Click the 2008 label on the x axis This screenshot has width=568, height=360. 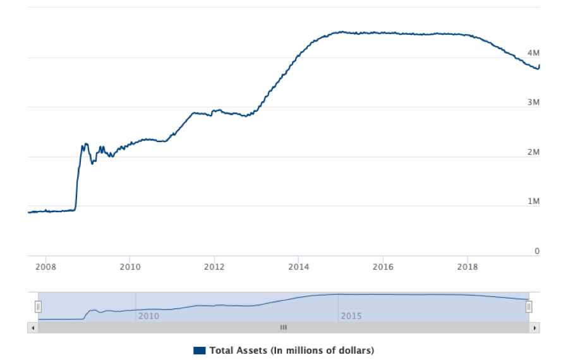(45, 267)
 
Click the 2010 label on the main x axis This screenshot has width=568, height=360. (130, 267)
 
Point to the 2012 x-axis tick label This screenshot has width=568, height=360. (214, 267)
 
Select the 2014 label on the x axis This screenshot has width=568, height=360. (299, 267)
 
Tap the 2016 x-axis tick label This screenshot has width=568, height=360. (383, 267)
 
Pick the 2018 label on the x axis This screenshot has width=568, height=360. (468, 267)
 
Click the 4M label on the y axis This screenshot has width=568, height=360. (533, 52)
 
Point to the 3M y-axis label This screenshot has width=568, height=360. (533, 102)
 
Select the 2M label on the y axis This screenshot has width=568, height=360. (533, 152)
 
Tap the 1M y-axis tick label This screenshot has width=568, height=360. (533, 201)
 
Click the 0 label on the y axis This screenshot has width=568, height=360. (537, 251)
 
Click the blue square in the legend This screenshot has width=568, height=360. (200, 350)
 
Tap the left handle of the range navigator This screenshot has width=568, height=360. (38, 307)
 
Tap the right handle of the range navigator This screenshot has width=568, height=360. (529, 307)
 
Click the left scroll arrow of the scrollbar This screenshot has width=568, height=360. (32, 328)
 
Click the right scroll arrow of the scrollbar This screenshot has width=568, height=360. (535, 328)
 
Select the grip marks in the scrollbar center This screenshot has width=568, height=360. (284, 328)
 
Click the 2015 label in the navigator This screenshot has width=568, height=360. (351, 315)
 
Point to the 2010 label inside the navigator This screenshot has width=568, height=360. (148, 315)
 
